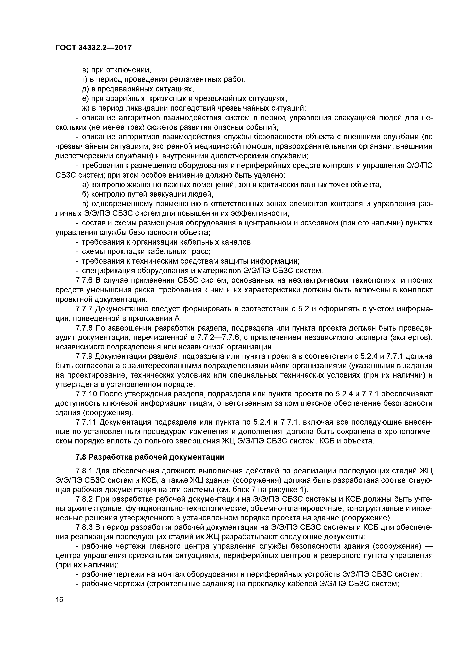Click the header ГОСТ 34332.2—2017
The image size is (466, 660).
click(93, 47)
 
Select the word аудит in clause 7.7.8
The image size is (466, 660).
click(65, 338)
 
